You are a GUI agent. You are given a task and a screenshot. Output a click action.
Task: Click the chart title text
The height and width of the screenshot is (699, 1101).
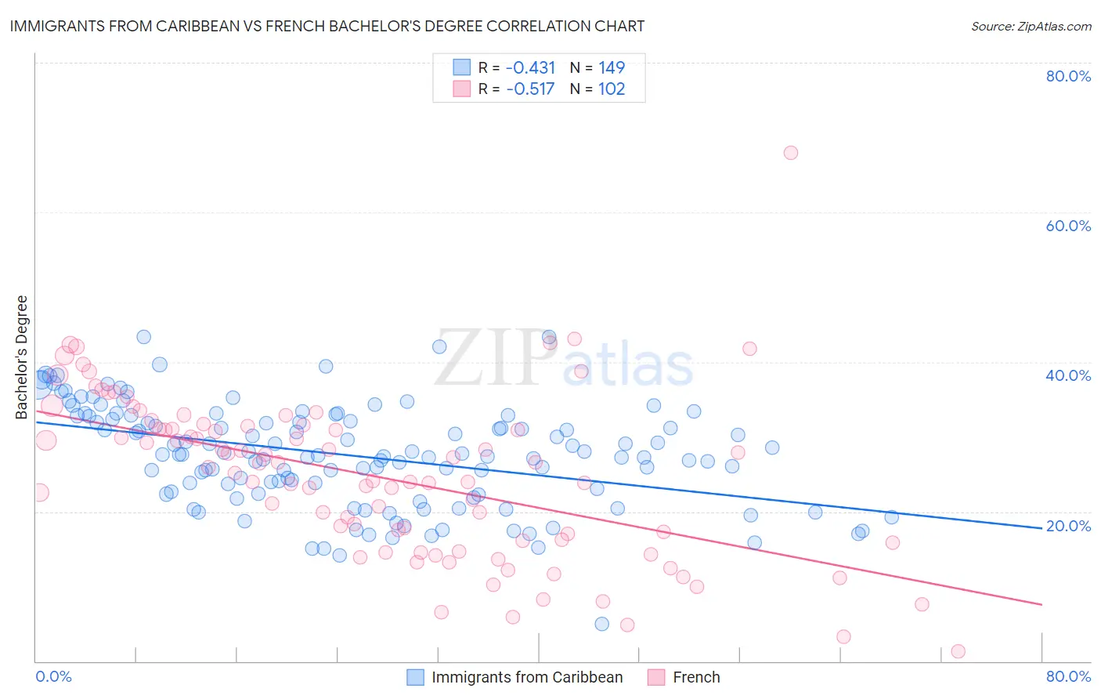pos(327,26)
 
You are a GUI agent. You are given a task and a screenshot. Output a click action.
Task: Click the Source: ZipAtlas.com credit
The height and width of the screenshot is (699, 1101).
pos(1031,26)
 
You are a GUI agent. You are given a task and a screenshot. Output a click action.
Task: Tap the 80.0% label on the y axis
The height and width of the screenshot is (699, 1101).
pos(1068,76)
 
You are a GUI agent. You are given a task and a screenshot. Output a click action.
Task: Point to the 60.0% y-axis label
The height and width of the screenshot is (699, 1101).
pos(1068,226)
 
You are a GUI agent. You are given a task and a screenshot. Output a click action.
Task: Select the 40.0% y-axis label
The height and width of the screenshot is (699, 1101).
pos(1068,375)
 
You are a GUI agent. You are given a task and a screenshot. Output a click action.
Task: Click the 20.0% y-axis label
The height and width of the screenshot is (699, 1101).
pos(1068,526)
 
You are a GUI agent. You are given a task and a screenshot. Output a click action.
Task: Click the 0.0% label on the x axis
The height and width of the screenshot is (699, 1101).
pos(53,676)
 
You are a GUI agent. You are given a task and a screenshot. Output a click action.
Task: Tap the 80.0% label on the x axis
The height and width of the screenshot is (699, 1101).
pos(1068,676)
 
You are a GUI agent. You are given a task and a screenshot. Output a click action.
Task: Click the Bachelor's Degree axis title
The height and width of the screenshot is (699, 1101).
pos(22,357)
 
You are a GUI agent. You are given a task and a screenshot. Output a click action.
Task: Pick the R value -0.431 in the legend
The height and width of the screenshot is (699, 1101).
pos(530,67)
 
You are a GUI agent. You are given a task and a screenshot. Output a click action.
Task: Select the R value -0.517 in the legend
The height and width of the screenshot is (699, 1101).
pos(530,89)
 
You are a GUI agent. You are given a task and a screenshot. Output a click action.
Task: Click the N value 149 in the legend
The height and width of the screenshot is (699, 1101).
pos(612,67)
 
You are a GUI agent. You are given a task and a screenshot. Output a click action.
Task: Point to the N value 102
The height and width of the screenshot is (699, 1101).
pos(612,89)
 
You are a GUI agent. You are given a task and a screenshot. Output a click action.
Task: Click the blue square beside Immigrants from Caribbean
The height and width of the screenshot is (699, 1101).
pos(415,677)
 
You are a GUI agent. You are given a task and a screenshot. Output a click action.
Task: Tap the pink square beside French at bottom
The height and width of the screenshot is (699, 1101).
pos(656,677)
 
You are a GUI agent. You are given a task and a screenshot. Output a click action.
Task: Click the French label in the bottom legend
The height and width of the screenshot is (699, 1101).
pos(696,677)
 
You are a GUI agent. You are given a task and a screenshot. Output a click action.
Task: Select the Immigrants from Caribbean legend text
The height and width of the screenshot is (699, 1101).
pos(527,677)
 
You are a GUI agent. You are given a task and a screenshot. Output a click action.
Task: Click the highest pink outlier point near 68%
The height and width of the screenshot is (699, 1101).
pos(791,153)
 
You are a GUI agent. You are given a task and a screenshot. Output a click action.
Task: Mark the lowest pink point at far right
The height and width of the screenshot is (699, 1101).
pos(958,651)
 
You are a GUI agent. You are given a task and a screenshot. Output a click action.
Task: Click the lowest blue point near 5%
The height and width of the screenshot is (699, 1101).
pos(601,624)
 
